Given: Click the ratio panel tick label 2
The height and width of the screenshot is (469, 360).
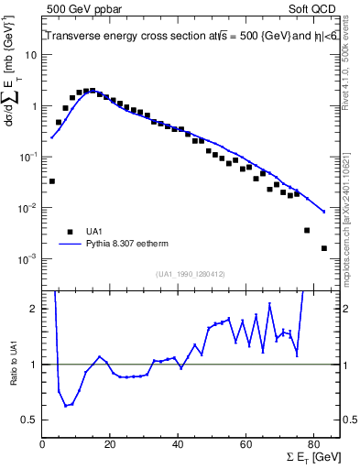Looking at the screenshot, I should point(35,309).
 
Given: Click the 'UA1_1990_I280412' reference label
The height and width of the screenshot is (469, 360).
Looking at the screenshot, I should point(191,274).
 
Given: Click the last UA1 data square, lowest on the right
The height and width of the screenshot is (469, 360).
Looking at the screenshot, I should point(323,248).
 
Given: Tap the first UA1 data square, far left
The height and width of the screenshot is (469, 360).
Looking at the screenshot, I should point(51,181).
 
